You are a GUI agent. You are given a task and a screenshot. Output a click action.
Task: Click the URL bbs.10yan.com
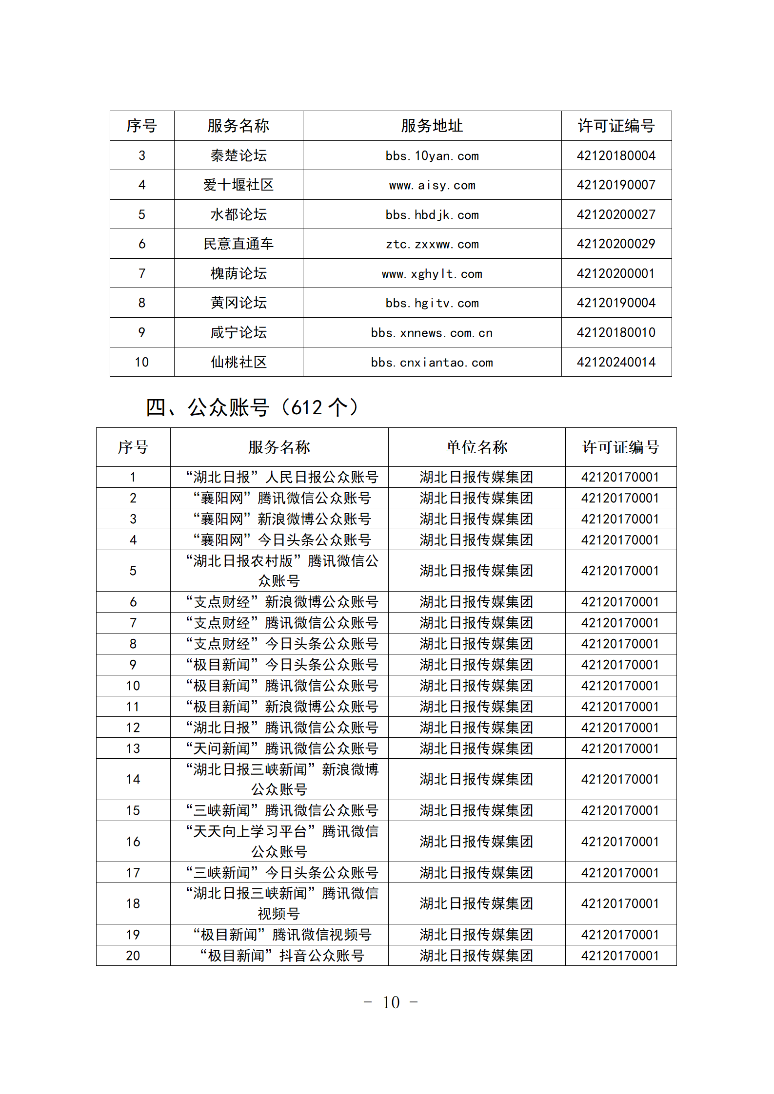pos(432,156)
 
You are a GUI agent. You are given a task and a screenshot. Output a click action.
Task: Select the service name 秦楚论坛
pos(238,156)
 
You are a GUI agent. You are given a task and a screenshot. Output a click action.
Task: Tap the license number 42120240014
pos(616,362)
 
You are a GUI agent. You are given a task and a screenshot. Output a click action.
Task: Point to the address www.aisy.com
pos(432,185)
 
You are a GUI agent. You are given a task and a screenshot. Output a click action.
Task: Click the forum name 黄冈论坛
pos(238,303)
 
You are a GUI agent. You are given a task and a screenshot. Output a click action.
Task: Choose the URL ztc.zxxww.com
pos(432,244)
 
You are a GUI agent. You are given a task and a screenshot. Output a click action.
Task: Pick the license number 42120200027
pos(616,214)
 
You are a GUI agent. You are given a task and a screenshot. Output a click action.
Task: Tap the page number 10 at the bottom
pos(391,1002)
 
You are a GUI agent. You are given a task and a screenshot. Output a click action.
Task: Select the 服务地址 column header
pos(432,126)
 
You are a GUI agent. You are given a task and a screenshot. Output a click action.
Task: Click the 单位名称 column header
pos(476,447)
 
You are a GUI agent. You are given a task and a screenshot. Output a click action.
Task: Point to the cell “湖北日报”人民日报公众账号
pos(281,477)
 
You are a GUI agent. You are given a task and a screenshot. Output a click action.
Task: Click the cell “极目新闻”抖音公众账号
pos(281,956)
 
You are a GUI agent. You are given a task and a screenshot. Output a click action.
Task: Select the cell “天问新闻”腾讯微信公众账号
pos(281,749)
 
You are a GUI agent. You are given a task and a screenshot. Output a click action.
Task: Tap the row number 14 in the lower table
pos(133,779)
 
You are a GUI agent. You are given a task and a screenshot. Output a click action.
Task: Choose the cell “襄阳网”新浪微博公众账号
pos(281,519)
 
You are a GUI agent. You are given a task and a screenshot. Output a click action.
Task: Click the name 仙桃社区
pos(238,362)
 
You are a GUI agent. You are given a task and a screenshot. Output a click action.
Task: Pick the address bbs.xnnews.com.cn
pos(432,333)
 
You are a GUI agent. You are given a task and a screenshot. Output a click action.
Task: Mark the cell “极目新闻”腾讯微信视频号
pos(281,935)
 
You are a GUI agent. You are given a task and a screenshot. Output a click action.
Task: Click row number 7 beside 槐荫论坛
pos(142,273)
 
